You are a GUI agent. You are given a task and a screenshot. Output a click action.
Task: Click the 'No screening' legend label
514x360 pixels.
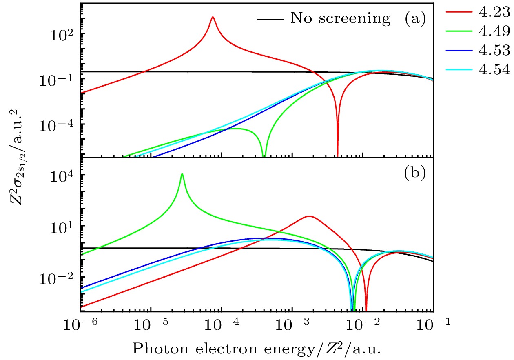coord(340,18)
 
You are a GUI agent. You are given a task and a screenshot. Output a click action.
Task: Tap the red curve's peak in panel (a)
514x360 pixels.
coord(213,17)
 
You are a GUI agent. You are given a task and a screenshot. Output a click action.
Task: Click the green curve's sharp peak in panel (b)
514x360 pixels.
coord(182,174)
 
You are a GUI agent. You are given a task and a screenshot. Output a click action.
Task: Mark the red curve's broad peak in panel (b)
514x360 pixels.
coord(309,216)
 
